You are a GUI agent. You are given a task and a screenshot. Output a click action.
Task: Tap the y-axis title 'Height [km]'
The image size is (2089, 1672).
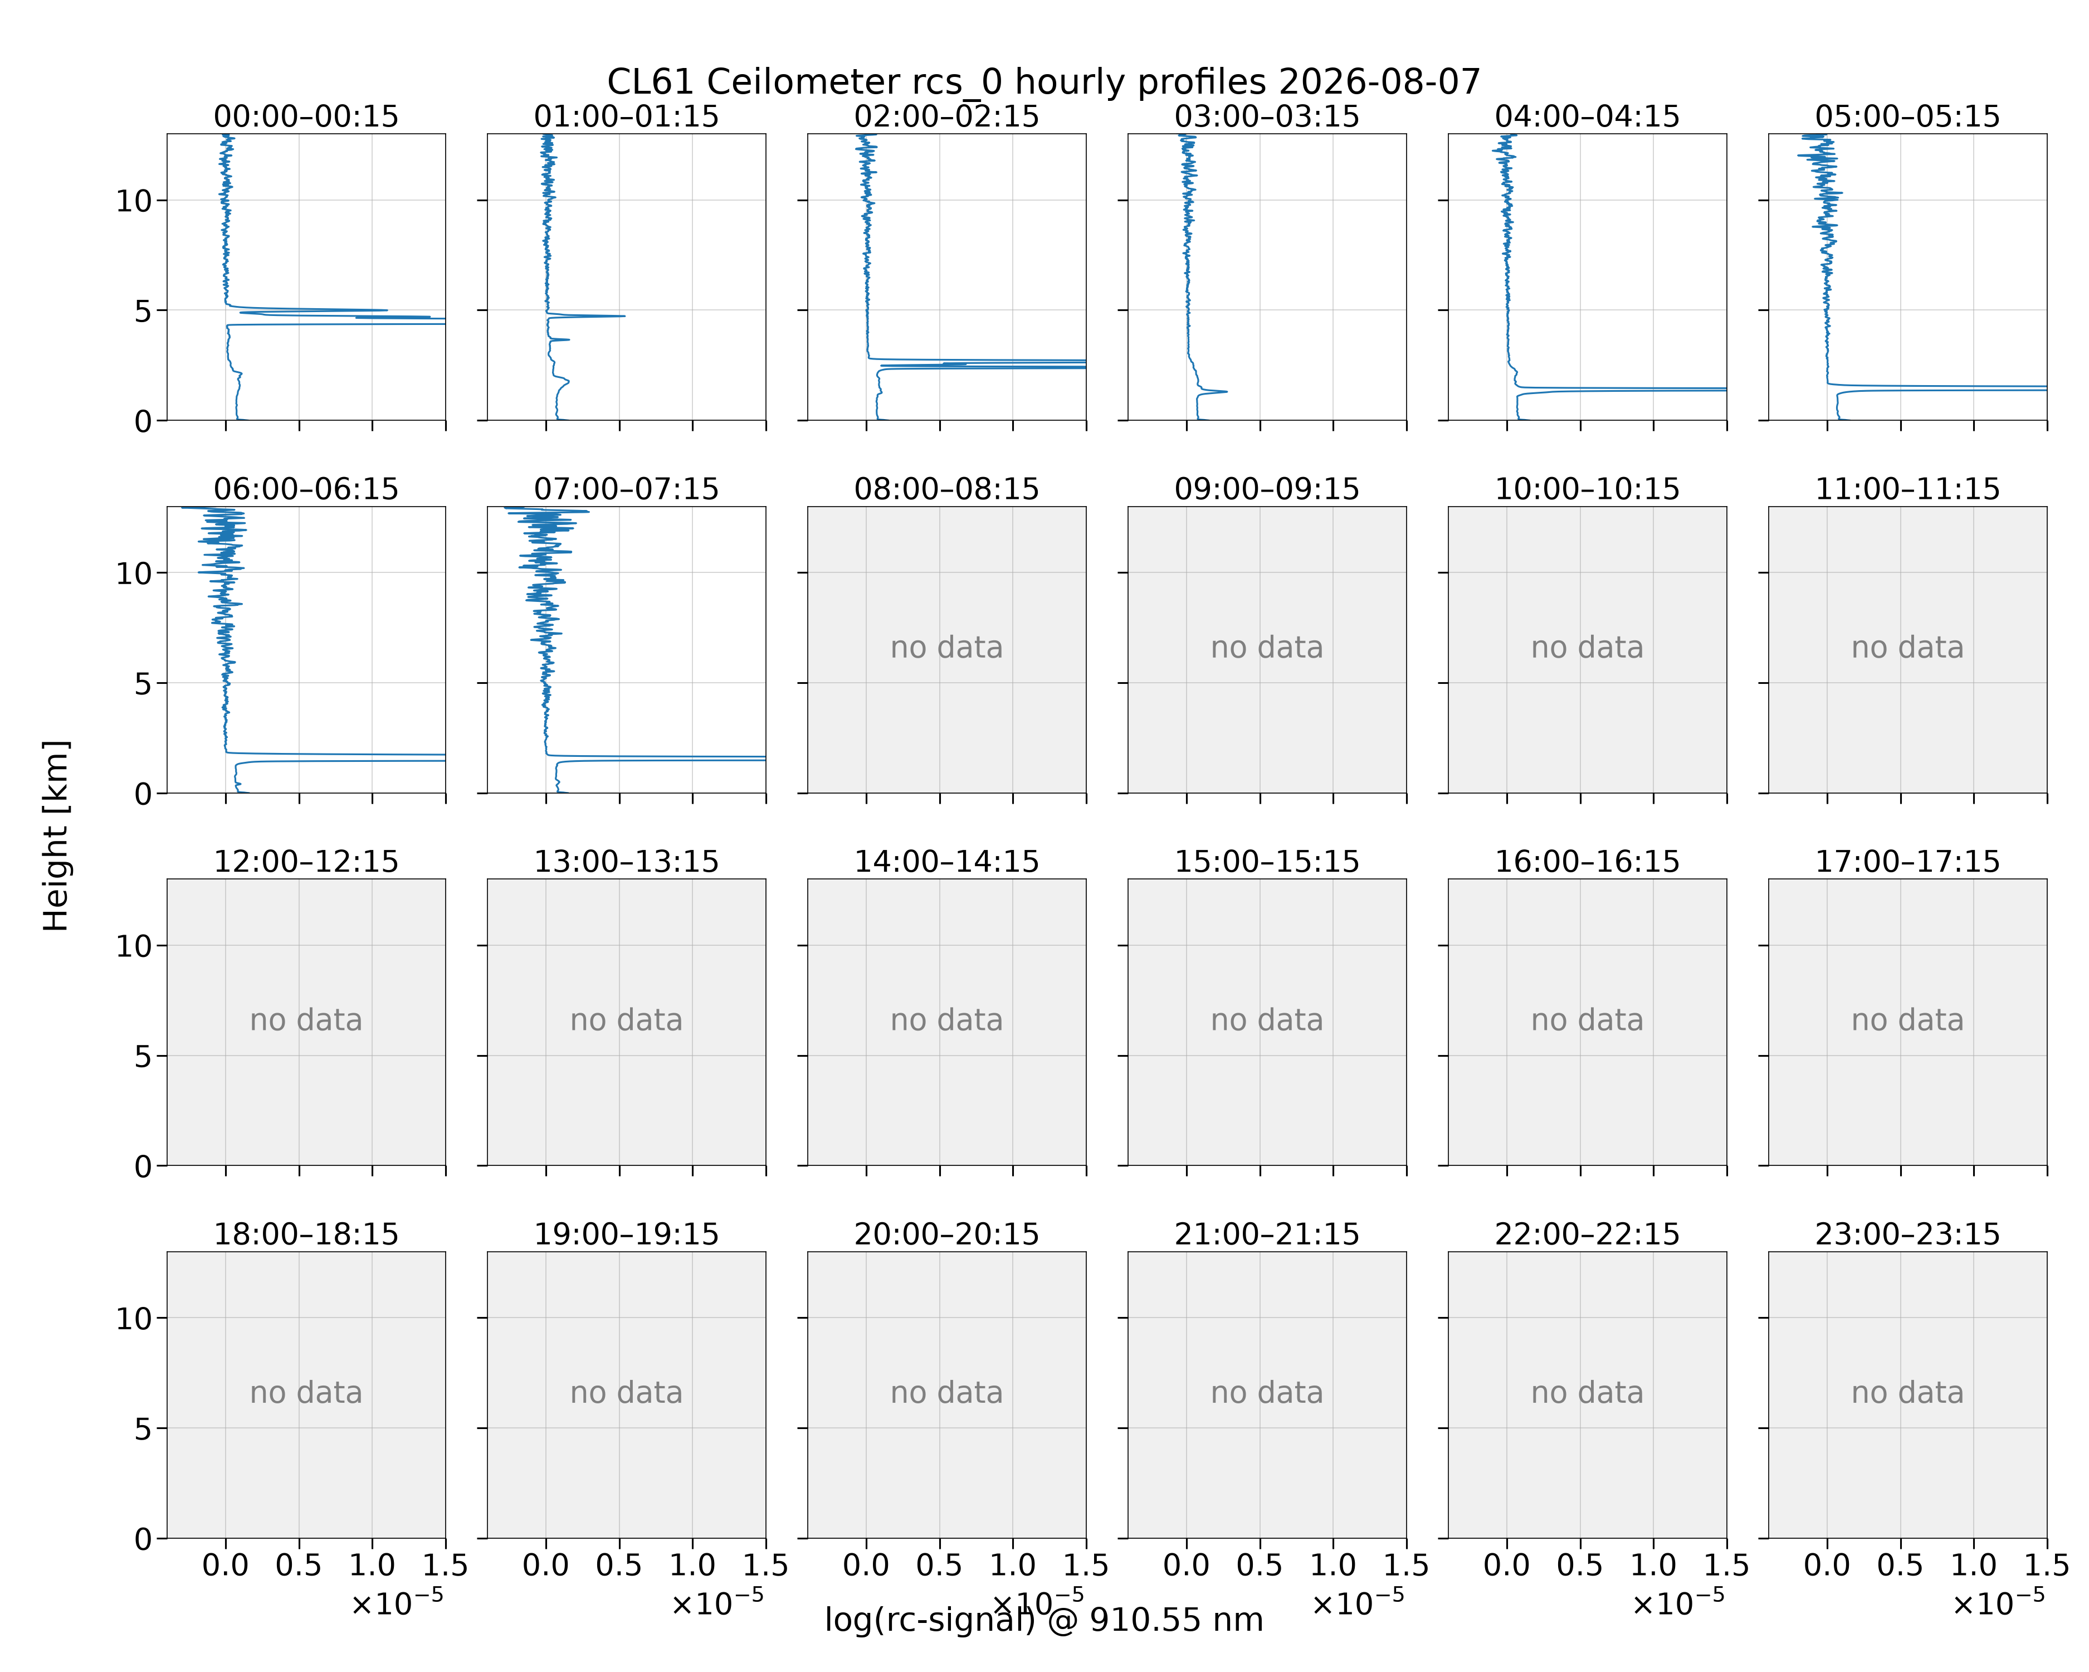56,835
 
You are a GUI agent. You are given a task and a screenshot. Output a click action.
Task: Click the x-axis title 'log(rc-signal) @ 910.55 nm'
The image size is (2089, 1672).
1043,1620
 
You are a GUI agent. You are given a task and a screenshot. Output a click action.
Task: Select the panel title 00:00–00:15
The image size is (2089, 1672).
306,116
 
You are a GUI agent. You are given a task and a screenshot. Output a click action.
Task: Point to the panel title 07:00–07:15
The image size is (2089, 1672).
626,489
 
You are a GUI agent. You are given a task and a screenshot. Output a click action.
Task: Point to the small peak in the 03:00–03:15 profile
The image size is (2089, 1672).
1226,392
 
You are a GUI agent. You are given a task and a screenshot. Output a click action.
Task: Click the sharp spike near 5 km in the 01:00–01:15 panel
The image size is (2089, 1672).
623,316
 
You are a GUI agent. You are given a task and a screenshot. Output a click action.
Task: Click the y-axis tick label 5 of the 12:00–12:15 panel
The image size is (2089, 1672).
143,1057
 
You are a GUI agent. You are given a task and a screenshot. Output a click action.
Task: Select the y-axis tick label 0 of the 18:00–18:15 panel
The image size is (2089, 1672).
143,1539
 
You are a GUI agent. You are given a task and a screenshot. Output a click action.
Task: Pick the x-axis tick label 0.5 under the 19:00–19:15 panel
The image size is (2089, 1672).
619,1566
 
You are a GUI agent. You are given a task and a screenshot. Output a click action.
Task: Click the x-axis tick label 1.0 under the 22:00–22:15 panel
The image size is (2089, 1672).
1653,1566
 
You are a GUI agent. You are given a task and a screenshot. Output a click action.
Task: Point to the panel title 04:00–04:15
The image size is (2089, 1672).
1587,116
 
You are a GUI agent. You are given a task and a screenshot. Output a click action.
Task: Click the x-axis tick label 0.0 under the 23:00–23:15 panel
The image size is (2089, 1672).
1827,1566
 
